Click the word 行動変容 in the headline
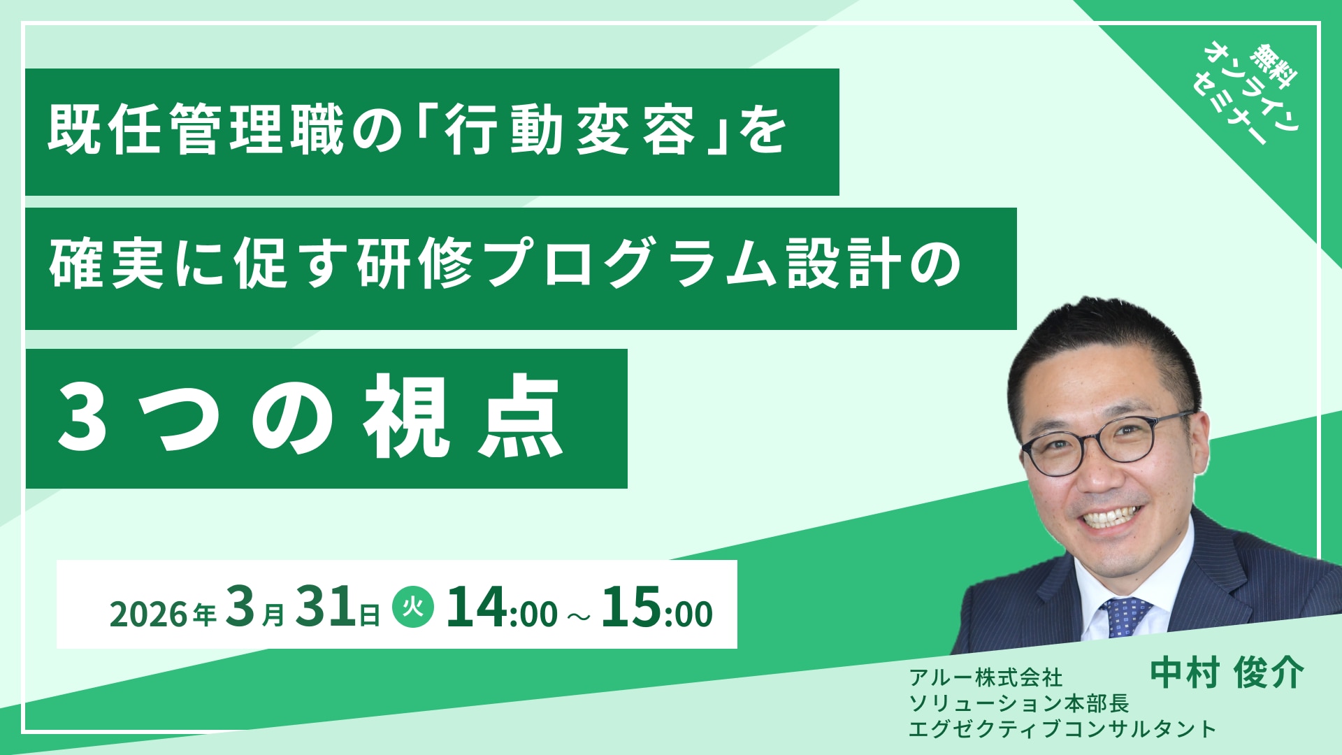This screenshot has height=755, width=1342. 570,130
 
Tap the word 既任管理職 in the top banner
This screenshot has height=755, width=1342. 196,130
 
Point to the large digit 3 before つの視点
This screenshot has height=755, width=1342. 82,418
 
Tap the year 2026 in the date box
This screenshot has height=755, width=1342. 150,614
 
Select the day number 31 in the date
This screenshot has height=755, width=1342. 324,606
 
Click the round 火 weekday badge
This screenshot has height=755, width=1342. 413,606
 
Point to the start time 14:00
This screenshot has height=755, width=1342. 502,607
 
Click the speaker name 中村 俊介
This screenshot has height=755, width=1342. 1227,673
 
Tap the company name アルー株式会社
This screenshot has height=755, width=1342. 986,677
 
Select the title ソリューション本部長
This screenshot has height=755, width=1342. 1019,702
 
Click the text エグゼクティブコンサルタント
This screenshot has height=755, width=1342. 1062,728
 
